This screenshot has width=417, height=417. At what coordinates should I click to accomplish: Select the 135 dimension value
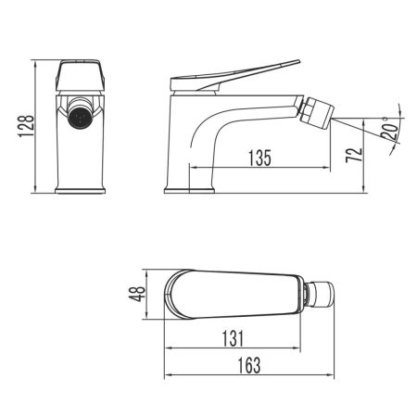click(x=259, y=158)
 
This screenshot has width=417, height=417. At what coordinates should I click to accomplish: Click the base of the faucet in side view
click(x=190, y=192)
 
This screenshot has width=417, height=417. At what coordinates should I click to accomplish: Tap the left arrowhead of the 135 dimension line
click(x=193, y=168)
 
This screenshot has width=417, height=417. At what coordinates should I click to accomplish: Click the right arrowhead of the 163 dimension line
click(x=334, y=375)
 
